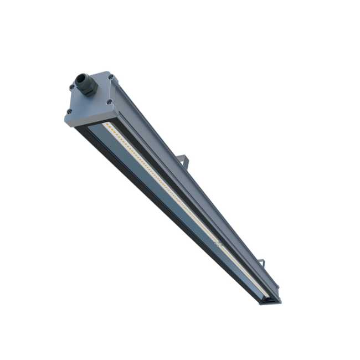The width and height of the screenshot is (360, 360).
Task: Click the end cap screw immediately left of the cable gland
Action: click(x=72, y=86)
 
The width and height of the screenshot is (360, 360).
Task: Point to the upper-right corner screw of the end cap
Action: click(x=111, y=76)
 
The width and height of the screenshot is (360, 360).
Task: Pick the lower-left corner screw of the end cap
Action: click(x=70, y=111)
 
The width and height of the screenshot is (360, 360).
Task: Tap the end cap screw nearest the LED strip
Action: click(x=109, y=101)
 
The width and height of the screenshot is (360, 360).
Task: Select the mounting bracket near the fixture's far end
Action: click(x=262, y=262)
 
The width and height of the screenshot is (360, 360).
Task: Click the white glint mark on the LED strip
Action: click(x=217, y=242)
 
